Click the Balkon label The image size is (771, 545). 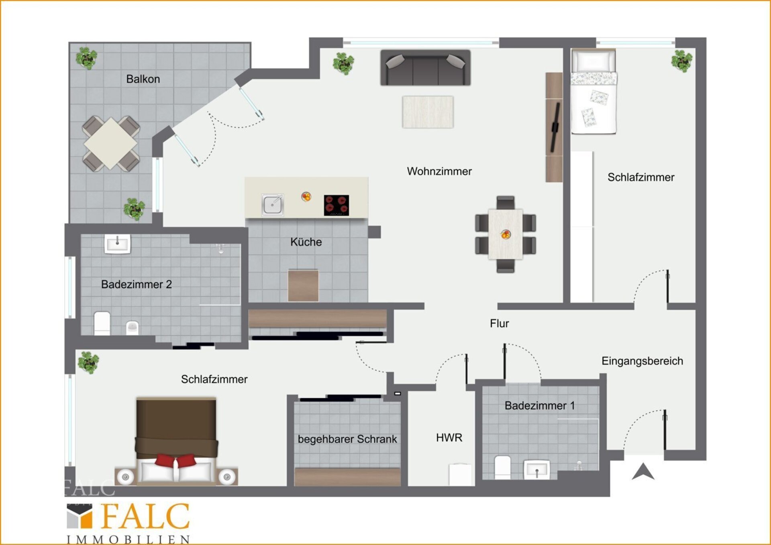point(143,79)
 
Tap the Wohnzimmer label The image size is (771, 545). point(439,171)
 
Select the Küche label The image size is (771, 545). point(306,242)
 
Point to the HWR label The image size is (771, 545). point(449,437)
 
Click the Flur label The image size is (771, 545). point(499,323)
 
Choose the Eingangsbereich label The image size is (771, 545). point(642,361)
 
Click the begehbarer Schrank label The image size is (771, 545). point(347,439)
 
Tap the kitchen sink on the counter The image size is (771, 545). point(273,205)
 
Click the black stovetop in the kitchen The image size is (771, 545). point(337,205)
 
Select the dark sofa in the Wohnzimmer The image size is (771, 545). point(425,68)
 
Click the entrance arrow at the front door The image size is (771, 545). point(643,472)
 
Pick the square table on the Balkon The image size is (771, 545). point(111,143)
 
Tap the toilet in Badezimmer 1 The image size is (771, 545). point(502,467)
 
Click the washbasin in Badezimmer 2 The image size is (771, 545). point(117,244)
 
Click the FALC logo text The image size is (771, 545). point(145,517)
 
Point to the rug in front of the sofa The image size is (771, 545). point(428,112)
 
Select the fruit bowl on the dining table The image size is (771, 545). point(506,234)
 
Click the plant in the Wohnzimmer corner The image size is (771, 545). point(343,63)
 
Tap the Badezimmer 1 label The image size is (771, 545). point(540,406)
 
